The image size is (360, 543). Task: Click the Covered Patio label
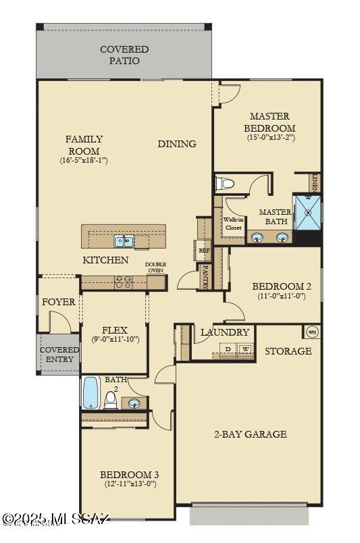tap(124, 55)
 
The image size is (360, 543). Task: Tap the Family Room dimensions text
tap(84, 161)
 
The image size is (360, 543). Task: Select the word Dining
tap(177, 143)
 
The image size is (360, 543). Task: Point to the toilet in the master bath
tap(224, 183)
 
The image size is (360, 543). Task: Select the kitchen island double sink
tap(124, 240)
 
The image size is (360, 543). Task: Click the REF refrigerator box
tap(204, 251)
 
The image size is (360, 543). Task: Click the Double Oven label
tap(155, 267)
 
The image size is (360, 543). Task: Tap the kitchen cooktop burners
tap(123, 282)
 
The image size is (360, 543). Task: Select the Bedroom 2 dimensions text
tap(282, 296)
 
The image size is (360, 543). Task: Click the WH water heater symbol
tap(312, 332)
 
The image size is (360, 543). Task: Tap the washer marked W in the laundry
tap(246, 350)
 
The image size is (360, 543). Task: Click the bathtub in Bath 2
tap(91, 394)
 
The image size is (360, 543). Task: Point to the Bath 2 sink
tap(135, 404)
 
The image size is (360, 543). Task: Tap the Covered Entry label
tap(59, 355)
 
